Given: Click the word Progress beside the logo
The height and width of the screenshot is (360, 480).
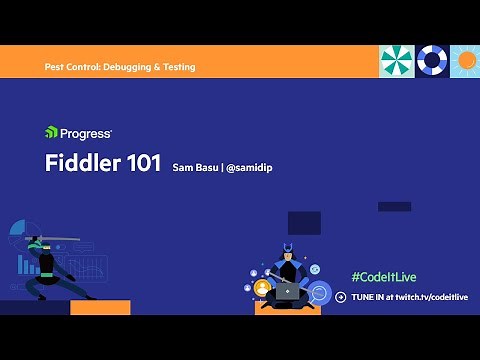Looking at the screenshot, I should coord(86,132).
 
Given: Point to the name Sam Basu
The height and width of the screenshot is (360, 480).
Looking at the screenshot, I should coord(194,167).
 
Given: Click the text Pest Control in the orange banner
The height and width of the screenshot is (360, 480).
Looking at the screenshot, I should coord(76,67).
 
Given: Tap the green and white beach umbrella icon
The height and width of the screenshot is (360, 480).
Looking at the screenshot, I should coord(396,61).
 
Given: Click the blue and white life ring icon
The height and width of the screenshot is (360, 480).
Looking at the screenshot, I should coord(431,61).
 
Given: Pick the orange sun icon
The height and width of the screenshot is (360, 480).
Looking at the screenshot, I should coord(465,61).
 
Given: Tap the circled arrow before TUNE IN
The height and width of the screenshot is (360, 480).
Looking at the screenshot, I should coord(340,297).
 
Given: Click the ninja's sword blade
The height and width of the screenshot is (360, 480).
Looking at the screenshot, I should coord(66,239).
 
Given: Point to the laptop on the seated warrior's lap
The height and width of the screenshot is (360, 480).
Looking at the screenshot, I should coord(288,292).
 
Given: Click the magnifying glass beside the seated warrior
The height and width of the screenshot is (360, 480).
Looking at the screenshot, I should coord(319,293).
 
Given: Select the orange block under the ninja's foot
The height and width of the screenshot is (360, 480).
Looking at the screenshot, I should coord(100,307).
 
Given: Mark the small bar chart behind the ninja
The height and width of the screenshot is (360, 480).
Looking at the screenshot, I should coord(27,265).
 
